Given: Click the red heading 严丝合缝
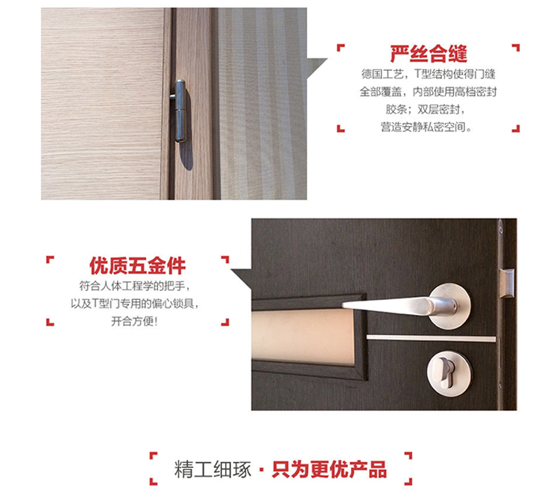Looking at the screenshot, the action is point(428,54).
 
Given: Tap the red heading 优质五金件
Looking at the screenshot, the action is point(137,266).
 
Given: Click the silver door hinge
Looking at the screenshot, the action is point(180,110).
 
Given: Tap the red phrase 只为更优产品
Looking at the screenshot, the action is point(329,469).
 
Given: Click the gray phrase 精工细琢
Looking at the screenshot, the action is point(213,469).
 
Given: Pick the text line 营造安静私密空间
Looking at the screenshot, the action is point(426,127).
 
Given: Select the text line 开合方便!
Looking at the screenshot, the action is point(134,322).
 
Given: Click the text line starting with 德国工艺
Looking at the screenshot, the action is point(428,75).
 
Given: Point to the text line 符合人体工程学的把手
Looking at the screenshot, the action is point(135,286).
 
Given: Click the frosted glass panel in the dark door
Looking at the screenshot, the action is point(303,337).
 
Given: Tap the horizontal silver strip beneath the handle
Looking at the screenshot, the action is point(431,338).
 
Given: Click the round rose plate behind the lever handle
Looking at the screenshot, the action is point(450,306).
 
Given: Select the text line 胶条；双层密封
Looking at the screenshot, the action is point(426,109).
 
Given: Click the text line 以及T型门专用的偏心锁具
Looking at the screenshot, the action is point(135,304).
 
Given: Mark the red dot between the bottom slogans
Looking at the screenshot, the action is point(262,469).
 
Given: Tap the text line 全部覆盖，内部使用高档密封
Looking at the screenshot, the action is point(428,92).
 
